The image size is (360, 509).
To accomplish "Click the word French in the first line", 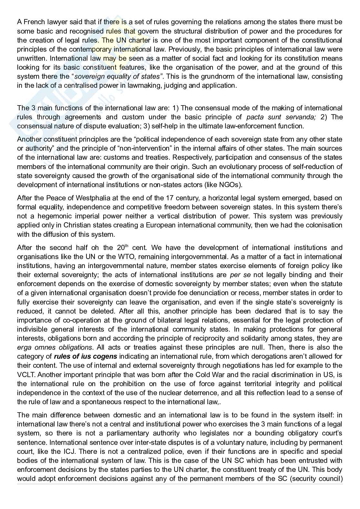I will [x=33, y=22].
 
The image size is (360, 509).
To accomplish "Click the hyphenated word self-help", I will [x=163, y=126].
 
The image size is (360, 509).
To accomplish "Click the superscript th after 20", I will [x=126, y=246].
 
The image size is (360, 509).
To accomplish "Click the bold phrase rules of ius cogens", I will [x=85, y=357].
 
